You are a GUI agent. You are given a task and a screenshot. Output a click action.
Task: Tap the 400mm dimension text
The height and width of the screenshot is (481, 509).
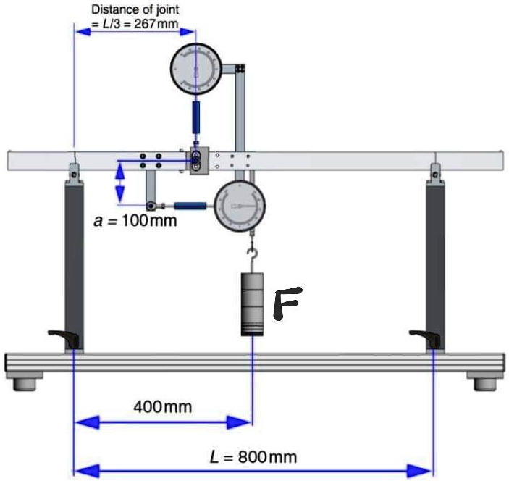pyautogui.click(x=163, y=406)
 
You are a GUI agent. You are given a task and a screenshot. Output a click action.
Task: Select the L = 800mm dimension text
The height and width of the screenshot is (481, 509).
pyautogui.click(x=253, y=456)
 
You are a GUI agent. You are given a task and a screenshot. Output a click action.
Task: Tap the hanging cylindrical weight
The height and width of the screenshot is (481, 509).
pyautogui.click(x=253, y=304)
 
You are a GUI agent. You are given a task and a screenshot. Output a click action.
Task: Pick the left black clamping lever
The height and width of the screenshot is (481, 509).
pyautogui.click(x=62, y=335)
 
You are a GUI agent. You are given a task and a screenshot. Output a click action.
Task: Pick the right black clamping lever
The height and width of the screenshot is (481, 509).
pyautogui.click(x=423, y=335)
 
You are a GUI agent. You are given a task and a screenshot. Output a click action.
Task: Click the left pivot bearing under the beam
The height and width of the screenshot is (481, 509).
pyautogui.click(x=74, y=172)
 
